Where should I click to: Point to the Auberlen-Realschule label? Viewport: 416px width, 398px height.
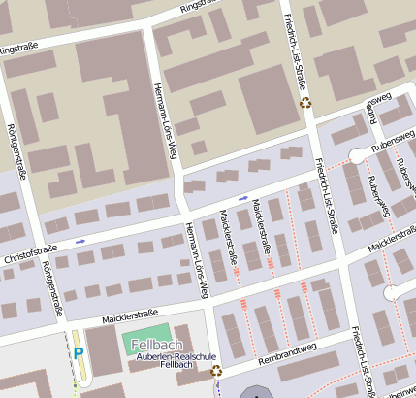coord(164,357)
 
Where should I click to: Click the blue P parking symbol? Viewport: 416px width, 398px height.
coord(77,351)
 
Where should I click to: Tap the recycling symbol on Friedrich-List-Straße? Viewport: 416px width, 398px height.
coord(305,101)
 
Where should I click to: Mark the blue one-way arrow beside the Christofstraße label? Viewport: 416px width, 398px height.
coord(80,240)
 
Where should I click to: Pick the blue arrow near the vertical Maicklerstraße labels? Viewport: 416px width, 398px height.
coord(242,198)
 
